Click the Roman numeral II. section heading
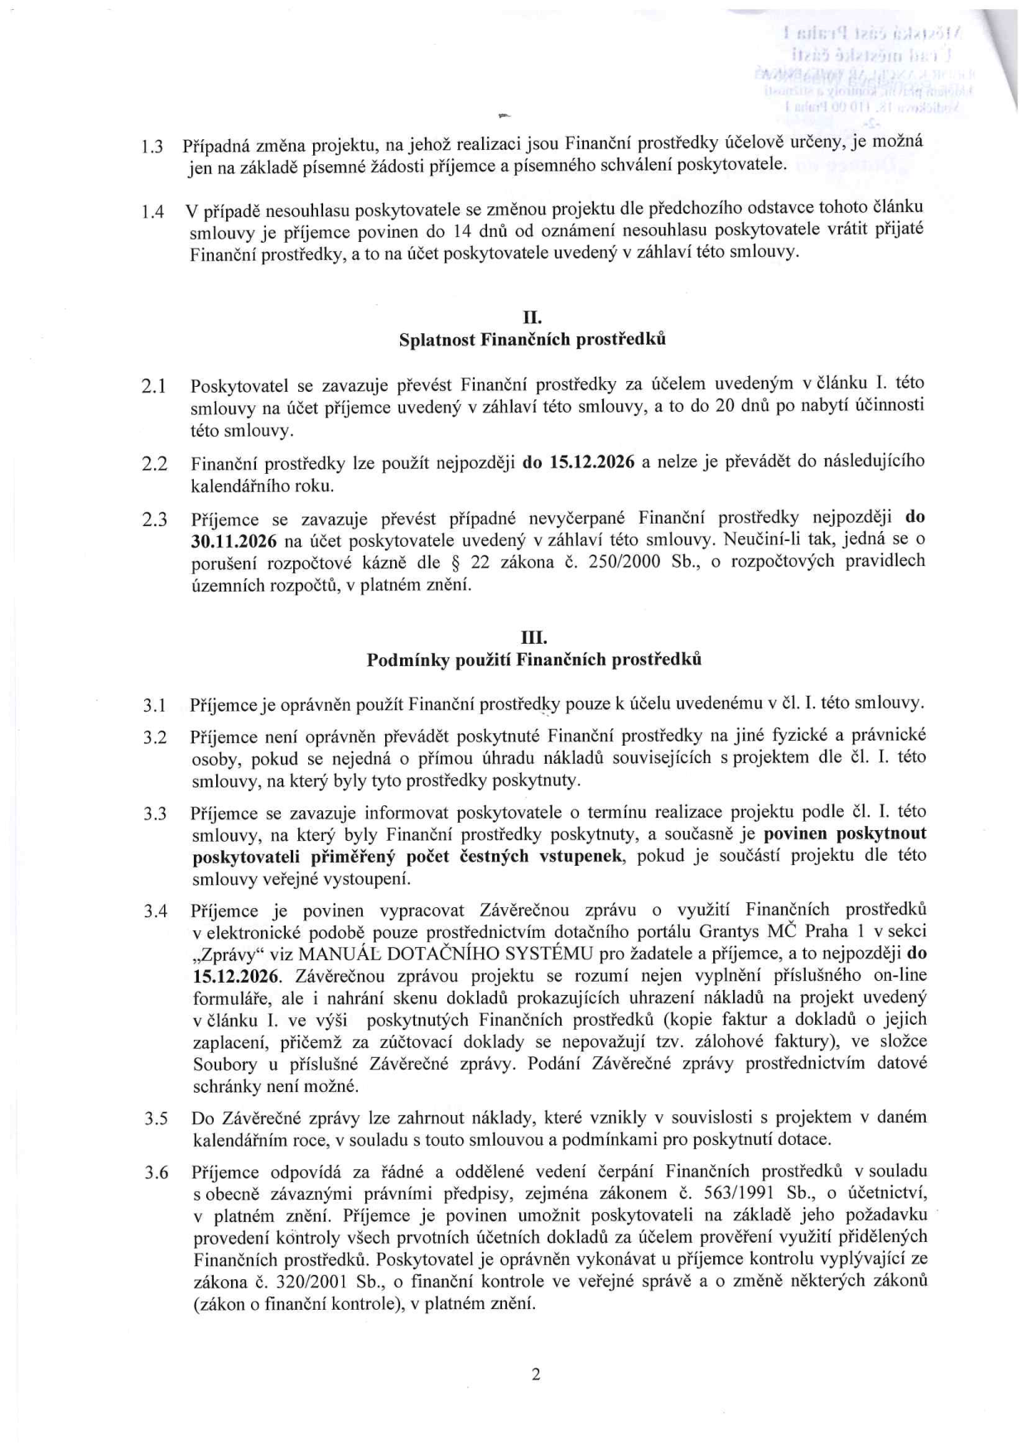pos(533,317)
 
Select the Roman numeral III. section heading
pos(533,638)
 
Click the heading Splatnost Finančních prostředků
pos(533,340)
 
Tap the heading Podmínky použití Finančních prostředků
pos(533,660)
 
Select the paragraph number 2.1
pos(154,387)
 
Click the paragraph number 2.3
pos(154,520)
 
